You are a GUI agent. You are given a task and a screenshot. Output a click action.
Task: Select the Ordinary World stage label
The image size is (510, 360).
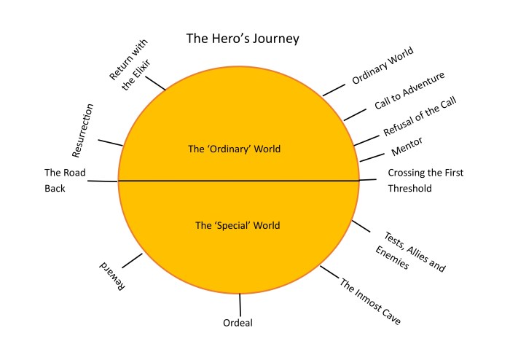point(382,66)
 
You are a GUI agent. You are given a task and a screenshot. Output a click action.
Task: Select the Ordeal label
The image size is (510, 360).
point(238,323)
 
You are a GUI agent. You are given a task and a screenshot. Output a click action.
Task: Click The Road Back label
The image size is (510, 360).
point(65,180)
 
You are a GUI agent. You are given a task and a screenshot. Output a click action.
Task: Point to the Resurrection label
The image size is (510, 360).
point(83,130)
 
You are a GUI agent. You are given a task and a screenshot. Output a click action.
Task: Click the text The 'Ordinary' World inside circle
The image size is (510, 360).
point(234,149)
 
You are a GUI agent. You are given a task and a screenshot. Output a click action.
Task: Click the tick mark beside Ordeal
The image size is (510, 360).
point(240,305)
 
